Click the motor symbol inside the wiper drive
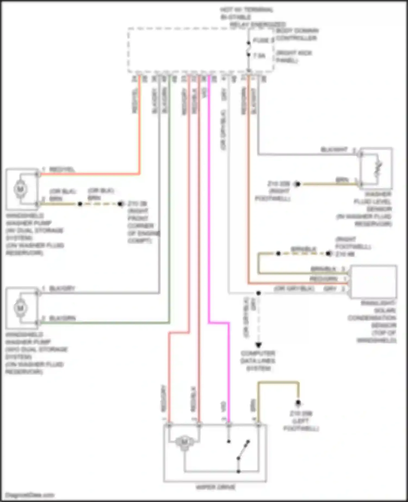click(x=184, y=442)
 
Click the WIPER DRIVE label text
click(x=215, y=487)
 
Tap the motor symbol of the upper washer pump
click(x=21, y=189)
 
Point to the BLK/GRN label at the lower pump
click(x=62, y=318)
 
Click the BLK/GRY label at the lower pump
click(x=62, y=288)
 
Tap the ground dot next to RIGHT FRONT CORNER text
click(x=120, y=204)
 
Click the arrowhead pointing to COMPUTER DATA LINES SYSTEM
click(x=258, y=345)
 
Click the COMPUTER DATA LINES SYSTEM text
click(x=258, y=361)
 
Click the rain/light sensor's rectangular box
click(x=374, y=282)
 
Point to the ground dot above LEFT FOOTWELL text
click(x=298, y=402)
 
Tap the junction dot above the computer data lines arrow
click(x=258, y=293)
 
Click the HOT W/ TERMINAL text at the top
click(x=246, y=10)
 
